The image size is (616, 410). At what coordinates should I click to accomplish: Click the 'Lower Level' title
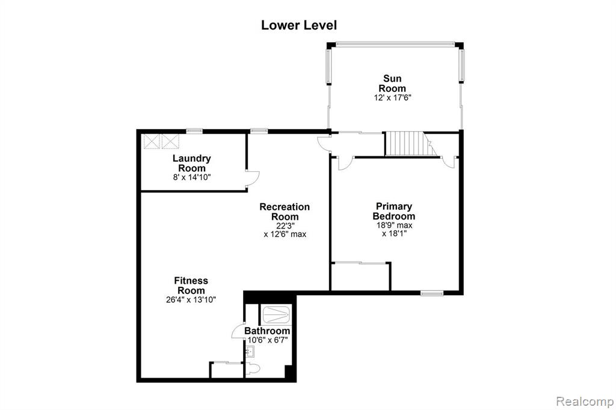pyautogui.click(x=299, y=25)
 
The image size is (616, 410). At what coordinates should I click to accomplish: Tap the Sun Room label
pyautogui.click(x=392, y=83)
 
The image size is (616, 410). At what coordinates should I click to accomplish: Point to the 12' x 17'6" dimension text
pyautogui.click(x=392, y=97)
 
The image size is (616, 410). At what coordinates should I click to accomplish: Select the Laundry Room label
pyautogui.click(x=192, y=163)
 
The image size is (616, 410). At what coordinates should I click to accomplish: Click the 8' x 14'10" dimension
pyautogui.click(x=192, y=177)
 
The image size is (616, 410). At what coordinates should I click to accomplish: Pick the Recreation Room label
pyautogui.click(x=285, y=212)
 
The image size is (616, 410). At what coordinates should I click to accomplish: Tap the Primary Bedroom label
pyautogui.click(x=394, y=211)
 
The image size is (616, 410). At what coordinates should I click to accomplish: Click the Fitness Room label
pyautogui.click(x=191, y=286)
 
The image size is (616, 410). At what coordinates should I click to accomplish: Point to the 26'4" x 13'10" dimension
pyautogui.click(x=191, y=299)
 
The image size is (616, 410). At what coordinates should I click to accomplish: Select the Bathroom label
pyautogui.click(x=267, y=331)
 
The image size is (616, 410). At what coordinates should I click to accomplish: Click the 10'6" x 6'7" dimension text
pyautogui.click(x=268, y=340)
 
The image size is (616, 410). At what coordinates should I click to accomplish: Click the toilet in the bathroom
pyautogui.click(x=253, y=369)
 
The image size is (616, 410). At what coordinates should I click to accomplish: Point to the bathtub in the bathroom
pyautogui.click(x=276, y=314)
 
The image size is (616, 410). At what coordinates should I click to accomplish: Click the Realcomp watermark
pyautogui.click(x=585, y=402)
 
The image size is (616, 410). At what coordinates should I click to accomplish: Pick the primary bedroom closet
pyautogui.click(x=361, y=277)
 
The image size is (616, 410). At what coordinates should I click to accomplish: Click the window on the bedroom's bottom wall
pyautogui.click(x=432, y=293)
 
